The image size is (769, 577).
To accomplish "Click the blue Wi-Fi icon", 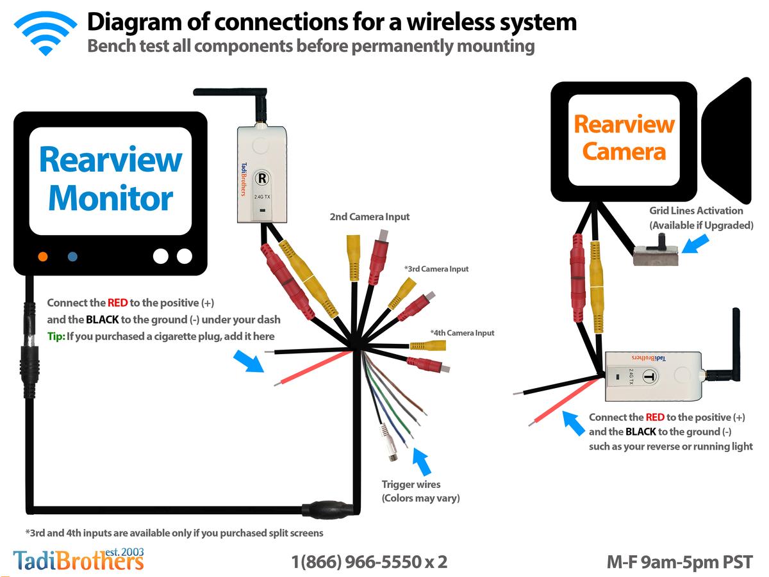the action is [45, 33].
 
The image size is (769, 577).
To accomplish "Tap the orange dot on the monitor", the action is [43, 257].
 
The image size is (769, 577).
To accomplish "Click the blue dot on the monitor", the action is [72, 257].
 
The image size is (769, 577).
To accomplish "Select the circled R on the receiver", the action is [262, 178].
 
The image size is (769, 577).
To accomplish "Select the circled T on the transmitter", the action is [650, 377].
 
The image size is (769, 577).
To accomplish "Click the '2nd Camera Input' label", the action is [370, 216].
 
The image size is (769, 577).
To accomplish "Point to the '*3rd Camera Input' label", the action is [436, 269].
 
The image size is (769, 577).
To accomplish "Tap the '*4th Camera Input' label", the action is [462, 332].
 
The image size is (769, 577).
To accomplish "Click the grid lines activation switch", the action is [656, 252].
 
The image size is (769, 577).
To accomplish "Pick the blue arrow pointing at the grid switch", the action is [695, 244].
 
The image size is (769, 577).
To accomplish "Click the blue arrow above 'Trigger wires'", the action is [422, 460].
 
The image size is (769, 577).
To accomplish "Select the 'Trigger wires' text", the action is [411, 485].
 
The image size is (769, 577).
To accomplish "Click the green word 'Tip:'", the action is [56, 336].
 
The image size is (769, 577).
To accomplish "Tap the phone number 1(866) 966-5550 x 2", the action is [369, 562].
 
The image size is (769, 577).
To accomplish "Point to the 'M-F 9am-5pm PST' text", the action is [679, 562].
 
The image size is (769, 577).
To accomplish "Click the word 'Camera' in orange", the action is [624, 152].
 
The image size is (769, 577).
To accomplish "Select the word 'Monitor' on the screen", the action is [111, 198].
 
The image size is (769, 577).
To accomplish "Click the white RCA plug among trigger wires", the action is [388, 443].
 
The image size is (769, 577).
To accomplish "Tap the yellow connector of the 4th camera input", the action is [428, 346].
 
